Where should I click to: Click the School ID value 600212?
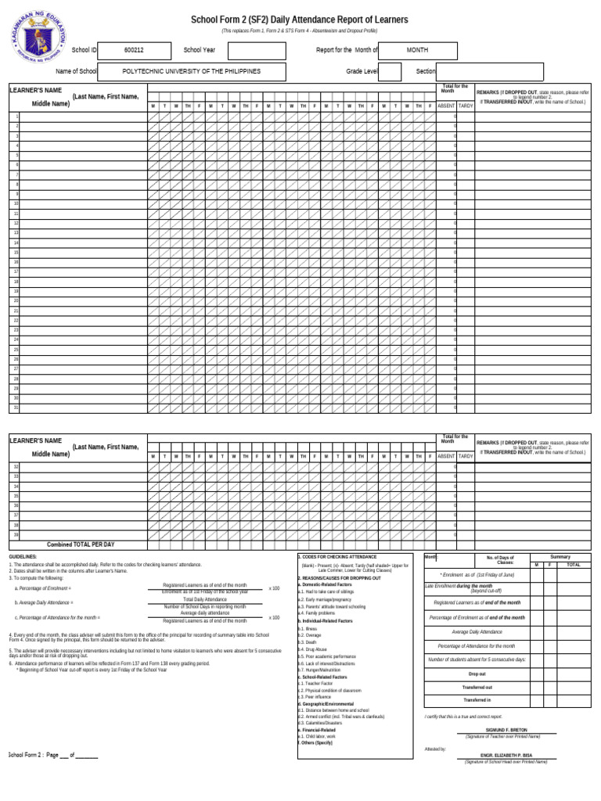tap(134, 50)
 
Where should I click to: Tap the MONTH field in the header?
tap(417, 50)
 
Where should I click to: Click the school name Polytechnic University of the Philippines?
tap(192, 71)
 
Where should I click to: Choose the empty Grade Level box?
tap(389, 71)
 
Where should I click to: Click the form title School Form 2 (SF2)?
tap(300, 19)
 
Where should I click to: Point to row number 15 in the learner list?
tap(16, 253)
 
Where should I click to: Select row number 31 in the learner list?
tap(16, 408)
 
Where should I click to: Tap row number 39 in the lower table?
tap(16, 535)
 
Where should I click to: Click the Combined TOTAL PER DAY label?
tap(81, 544)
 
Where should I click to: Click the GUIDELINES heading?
tap(23, 557)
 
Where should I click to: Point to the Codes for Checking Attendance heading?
tap(337, 557)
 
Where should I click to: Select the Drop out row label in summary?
tap(477, 673)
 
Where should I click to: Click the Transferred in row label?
tap(477, 700)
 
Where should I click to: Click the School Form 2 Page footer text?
tap(52, 756)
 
